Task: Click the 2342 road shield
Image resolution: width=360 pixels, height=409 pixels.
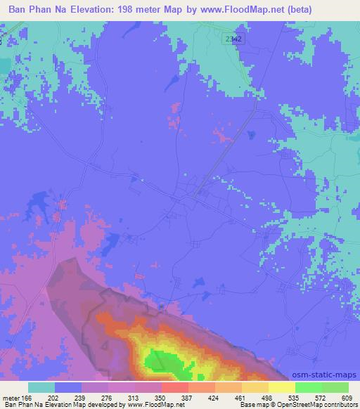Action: [x=234, y=39]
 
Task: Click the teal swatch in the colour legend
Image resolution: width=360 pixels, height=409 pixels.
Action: [x=41, y=387]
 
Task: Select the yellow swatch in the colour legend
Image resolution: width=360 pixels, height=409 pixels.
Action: [x=281, y=387]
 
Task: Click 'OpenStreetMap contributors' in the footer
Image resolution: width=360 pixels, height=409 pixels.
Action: [x=319, y=405]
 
